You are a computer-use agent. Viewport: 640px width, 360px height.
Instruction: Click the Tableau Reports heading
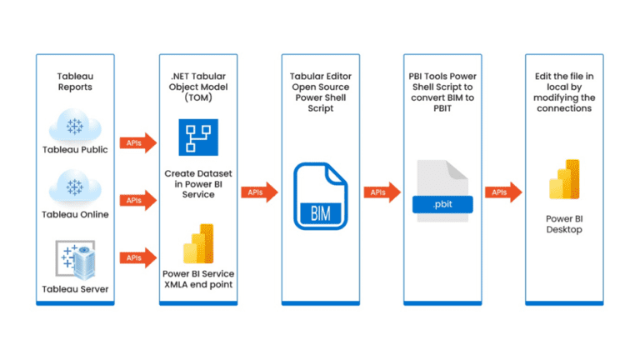76,80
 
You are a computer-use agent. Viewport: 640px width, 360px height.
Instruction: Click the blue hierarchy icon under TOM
197,137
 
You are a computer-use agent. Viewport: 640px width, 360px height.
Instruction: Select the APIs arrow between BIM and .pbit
381,192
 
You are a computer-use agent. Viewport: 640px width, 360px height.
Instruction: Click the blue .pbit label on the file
442,202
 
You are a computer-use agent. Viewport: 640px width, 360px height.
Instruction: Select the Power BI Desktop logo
564,177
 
